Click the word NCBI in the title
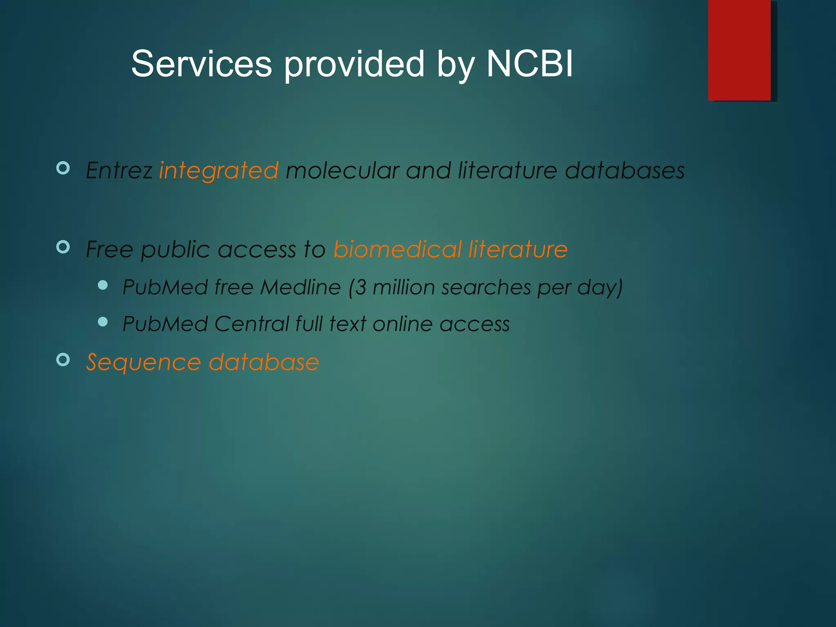click(529, 64)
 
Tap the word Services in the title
click(201, 64)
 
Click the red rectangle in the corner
click(739, 50)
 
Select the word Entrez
click(119, 171)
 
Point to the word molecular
click(342, 171)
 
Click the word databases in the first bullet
click(625, 171)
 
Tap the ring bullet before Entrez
click(63, 168)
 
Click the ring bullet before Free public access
click(63, 247)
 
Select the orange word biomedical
click(398, 249)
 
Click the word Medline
click(300, 287)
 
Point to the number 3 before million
click(361, 287)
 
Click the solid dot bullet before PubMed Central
click(103, 322)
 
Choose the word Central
click(251, 324)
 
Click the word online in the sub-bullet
click(402, 324)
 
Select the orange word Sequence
click(143, 363)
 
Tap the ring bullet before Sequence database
click(63, 359)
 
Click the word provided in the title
click(354, 64)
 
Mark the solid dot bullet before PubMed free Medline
click(103, 285)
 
